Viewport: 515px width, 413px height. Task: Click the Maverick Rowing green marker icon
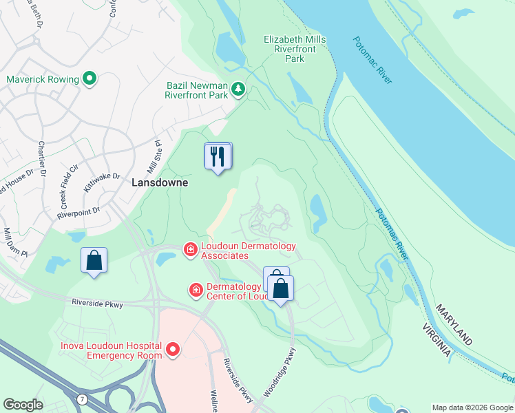click(x=90, y=79)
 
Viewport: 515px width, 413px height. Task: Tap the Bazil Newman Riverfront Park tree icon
click(x=238, y=88)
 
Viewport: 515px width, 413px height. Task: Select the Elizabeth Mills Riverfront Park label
click(x=295, y=50)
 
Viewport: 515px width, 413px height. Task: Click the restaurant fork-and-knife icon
click(x=218, y=156)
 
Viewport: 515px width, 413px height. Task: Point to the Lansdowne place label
click(x=160, y=183)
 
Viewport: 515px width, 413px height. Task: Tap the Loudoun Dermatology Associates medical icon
click(x=190, y=248)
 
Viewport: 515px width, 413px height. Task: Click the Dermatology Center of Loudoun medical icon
click(x=196, y=290)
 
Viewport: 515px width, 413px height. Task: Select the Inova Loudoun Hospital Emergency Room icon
click(x=172, y=350)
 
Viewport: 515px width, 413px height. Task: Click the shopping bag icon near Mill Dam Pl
click(x=94, y=261)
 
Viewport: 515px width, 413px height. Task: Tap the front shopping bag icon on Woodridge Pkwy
click(x=281, y=288)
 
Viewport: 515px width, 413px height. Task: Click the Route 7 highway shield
click(x=83, y=400)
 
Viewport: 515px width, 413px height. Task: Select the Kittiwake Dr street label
click(x=103, y=182)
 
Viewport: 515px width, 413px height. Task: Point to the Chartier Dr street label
click(x=41, y=159)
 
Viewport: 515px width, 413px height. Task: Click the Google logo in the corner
click(x=23, y=405)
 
